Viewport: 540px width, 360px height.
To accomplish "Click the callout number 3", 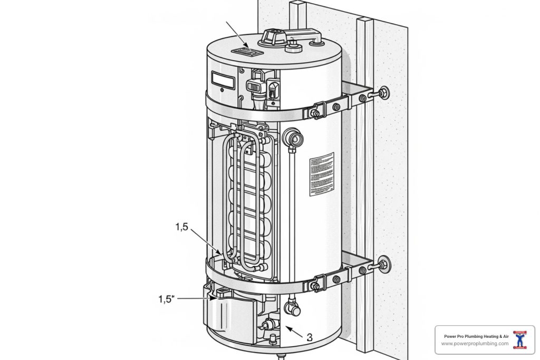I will pyautogui.click(x=310, y=337).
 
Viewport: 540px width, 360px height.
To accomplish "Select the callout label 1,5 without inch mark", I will pyautogui.click(x=181, y=227).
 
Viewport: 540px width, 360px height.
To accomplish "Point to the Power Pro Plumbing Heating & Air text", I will pyautogui.click(x=476, y=336).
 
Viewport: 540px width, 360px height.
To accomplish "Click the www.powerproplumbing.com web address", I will pyautogui.click(x=475, y=344).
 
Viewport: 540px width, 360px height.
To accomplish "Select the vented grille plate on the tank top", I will pyautogui.click(x=247, y=51).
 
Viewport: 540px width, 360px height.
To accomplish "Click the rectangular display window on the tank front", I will pyautogui.click(x=222, y=79).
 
